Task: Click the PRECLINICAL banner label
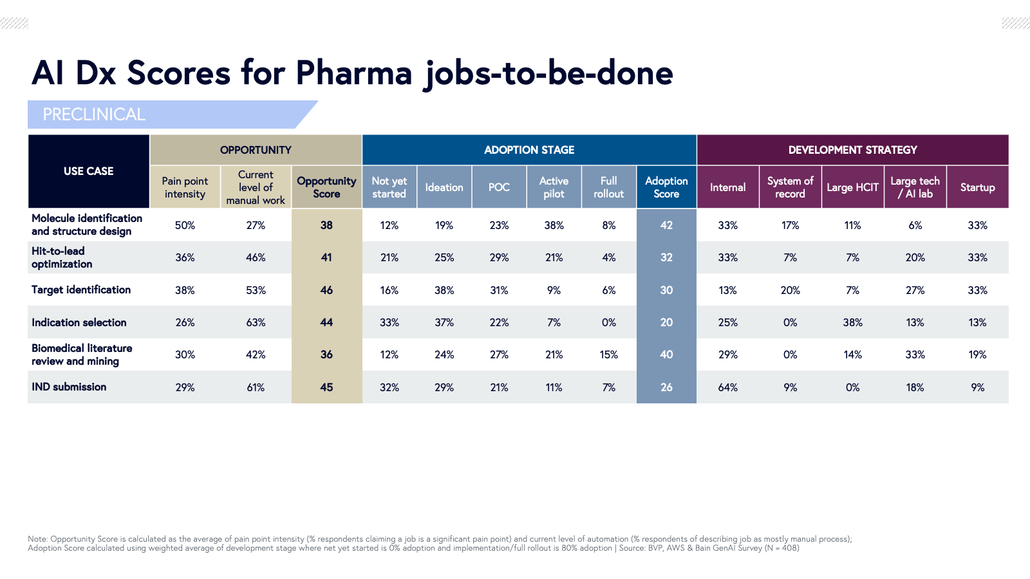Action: pyautogui.click(x=94, y=115)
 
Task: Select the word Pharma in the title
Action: pyautogui.click(x=353, y=73)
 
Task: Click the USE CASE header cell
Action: pyautogui.click(x=88, y=171)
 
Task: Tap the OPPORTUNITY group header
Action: pyautogui.click(x=256, y=150)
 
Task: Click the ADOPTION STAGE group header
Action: pyautogui.click(x=529, y=150)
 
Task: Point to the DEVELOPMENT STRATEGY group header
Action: pyautogui.click(x=852, y=150)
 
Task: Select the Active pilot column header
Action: pyautogui.click(x=554, y=187)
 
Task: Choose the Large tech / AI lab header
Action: pyautogui.click(x=915, y=187)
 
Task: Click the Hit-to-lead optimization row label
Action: pyautogui.click(x=62, y=257)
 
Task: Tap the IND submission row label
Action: pyautogui.click(x=69, y=387)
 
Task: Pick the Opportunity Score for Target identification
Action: pyautogui.click(x=326, y=290)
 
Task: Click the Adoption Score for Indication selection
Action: pyautogui.click(x=666, y=322)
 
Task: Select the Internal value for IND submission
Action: pyautogui.click(x=727, y=387)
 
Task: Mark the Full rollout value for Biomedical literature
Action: pyautogui.click(x=608, y=354)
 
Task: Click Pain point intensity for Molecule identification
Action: pyautogui.click(x=185, y=225)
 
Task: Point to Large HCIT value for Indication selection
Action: pyautogui.click(x=852, y=322)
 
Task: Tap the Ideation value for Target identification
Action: pyautogui.click(x=444, y=290)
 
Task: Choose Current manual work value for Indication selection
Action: pyautogui.click(x=256, y=322)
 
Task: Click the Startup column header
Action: pyautogui.click(x=977, y=187)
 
